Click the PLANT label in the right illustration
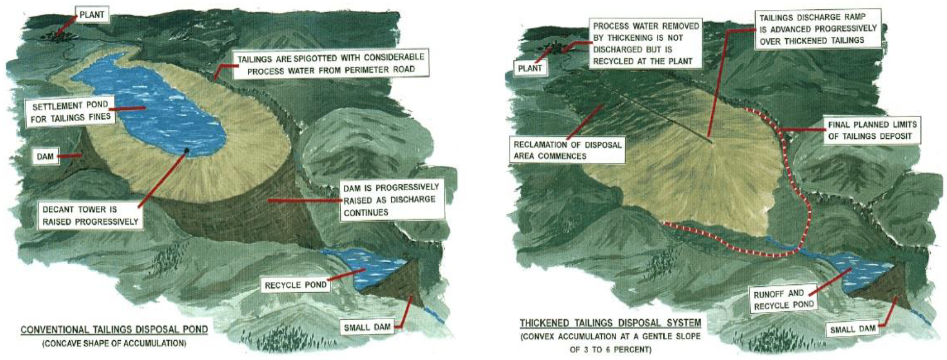point(530,68)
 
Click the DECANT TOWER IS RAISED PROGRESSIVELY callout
point(90,216)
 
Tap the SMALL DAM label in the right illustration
point(852,329)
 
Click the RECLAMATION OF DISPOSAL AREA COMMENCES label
point(567,150)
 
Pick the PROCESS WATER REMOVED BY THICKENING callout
point(646,43)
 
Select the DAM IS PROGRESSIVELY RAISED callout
point(392,200)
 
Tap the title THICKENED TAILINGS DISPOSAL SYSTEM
point(610,323)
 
